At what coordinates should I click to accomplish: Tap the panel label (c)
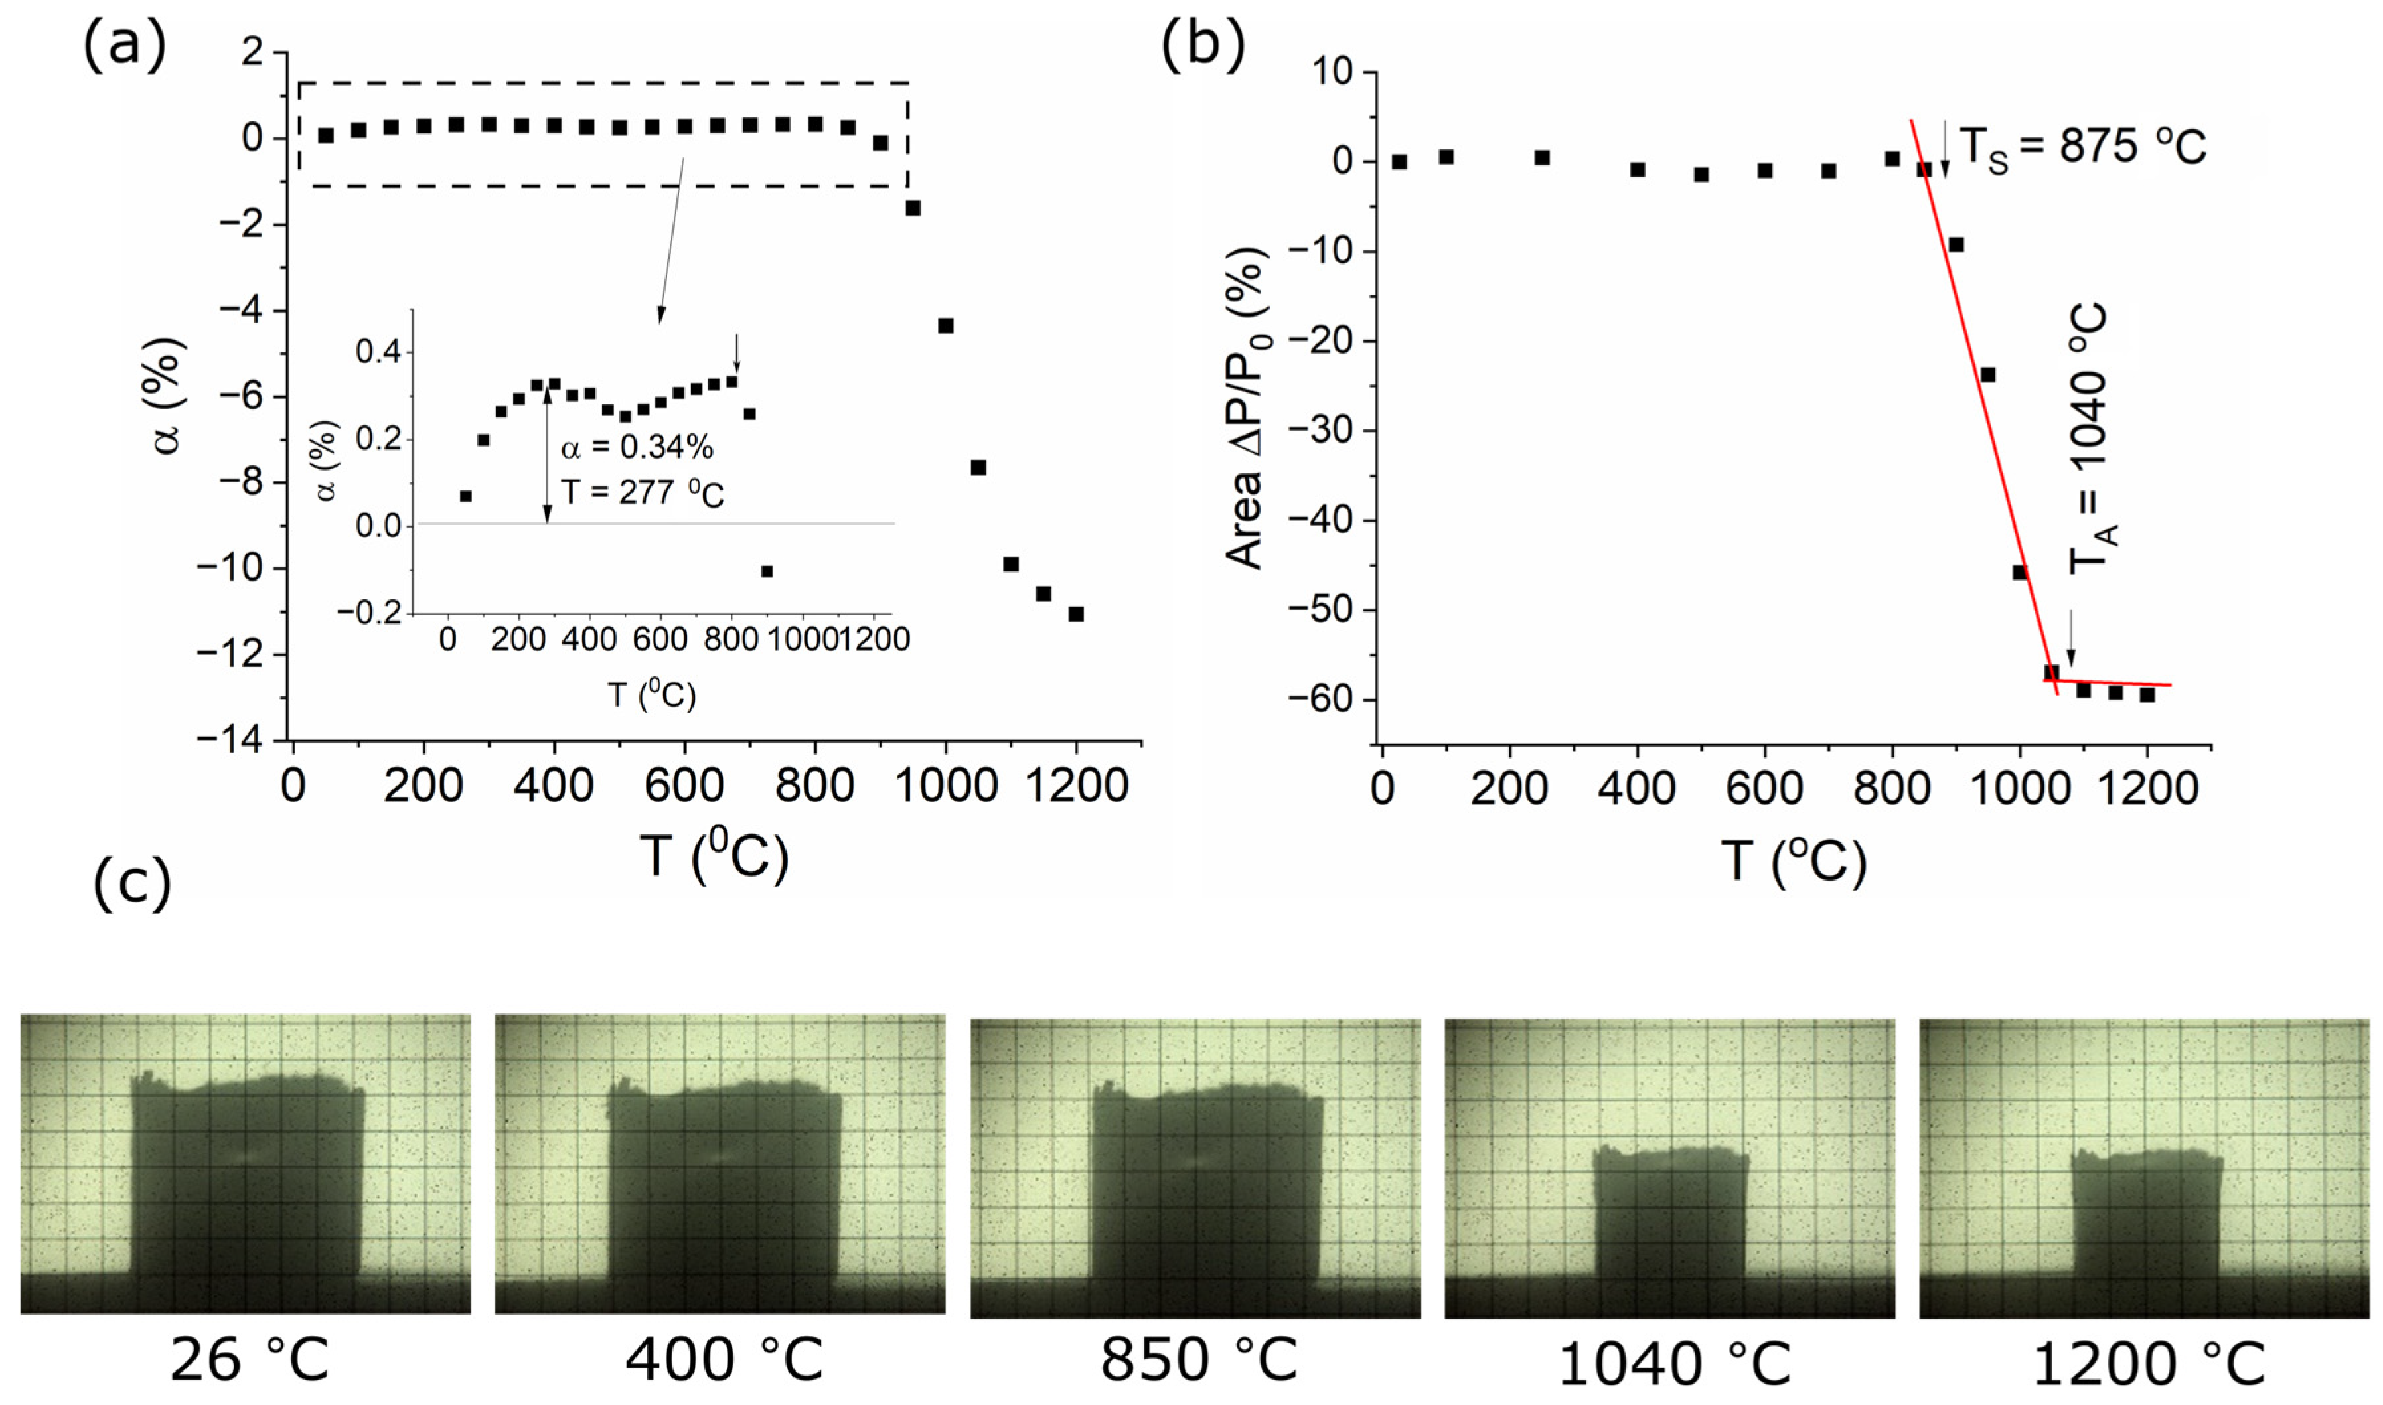(x=133, y=883)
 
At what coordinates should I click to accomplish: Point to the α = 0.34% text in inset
(x=636, y=447)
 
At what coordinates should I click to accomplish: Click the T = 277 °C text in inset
(x=642, y=492)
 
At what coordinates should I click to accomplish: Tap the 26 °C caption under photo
(x=249, y=1361)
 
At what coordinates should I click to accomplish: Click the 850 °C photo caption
(x=1197, y=1361)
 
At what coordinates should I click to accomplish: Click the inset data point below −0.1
(x=767, y=571)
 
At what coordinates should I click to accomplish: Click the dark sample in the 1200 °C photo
(x=2147, y=1221)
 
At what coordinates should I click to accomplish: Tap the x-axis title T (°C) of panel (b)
(x=1792, y=861)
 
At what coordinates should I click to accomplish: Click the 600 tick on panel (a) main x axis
(x=684, y=786)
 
